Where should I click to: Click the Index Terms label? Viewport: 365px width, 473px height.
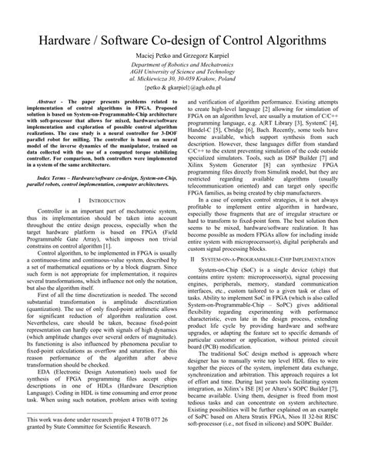pos(51,198)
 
